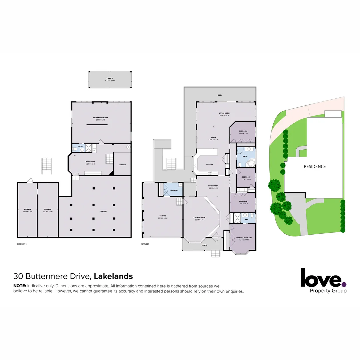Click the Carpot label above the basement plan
click(x=109, y=79)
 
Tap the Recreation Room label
click(x=100, y=118)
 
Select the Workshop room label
click(x=90, y=162)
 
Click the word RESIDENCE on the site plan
click(x=314, y=166)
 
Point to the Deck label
click(x=220, y=95)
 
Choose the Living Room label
click(x=224, y=113)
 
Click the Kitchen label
click(x=210, y=164)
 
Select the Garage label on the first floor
click(x=163, y=216)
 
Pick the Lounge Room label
click(x=200, y=218)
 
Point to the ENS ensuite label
click(x=246, y=220)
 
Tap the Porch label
click(x=204, y=245)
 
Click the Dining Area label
click(x=213, y=186)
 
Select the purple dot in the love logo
click(x=344, y=284)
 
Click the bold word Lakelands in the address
click(x=113, y=276)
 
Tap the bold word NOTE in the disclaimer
click(x=19, y=286)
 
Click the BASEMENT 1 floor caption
click(x=22, y=244)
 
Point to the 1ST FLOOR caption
click(x=145, y=244)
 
